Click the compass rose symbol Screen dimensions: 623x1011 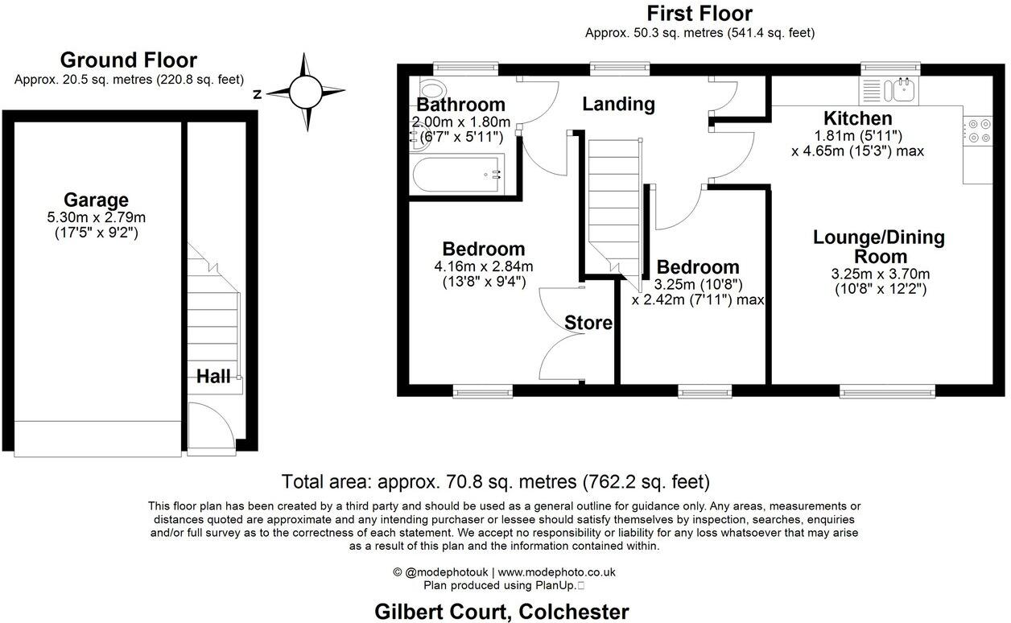coord(305,92)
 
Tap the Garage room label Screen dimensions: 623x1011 coord(97,200)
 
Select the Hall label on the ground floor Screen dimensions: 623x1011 coord(213,376)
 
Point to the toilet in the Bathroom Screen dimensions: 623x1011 coord(431,89)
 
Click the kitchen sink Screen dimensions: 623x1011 coord(899,89)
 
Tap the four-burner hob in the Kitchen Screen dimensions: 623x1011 coord(979,131)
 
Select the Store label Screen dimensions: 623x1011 coord(588,324)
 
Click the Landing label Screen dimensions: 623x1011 coord(618,104)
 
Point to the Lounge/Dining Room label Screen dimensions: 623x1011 coord(878,247)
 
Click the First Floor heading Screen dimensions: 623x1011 coord(699,14)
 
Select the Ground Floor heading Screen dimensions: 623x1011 coord(128,60)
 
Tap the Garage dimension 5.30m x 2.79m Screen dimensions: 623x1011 coord(97,217)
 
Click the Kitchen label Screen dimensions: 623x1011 coord(857,119)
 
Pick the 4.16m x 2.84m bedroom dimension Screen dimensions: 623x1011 coord(483,266)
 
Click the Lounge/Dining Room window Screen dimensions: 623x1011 coord(887,391)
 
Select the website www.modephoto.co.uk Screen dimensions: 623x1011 coord(555,572)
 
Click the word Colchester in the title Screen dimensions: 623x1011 coord(574,611)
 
